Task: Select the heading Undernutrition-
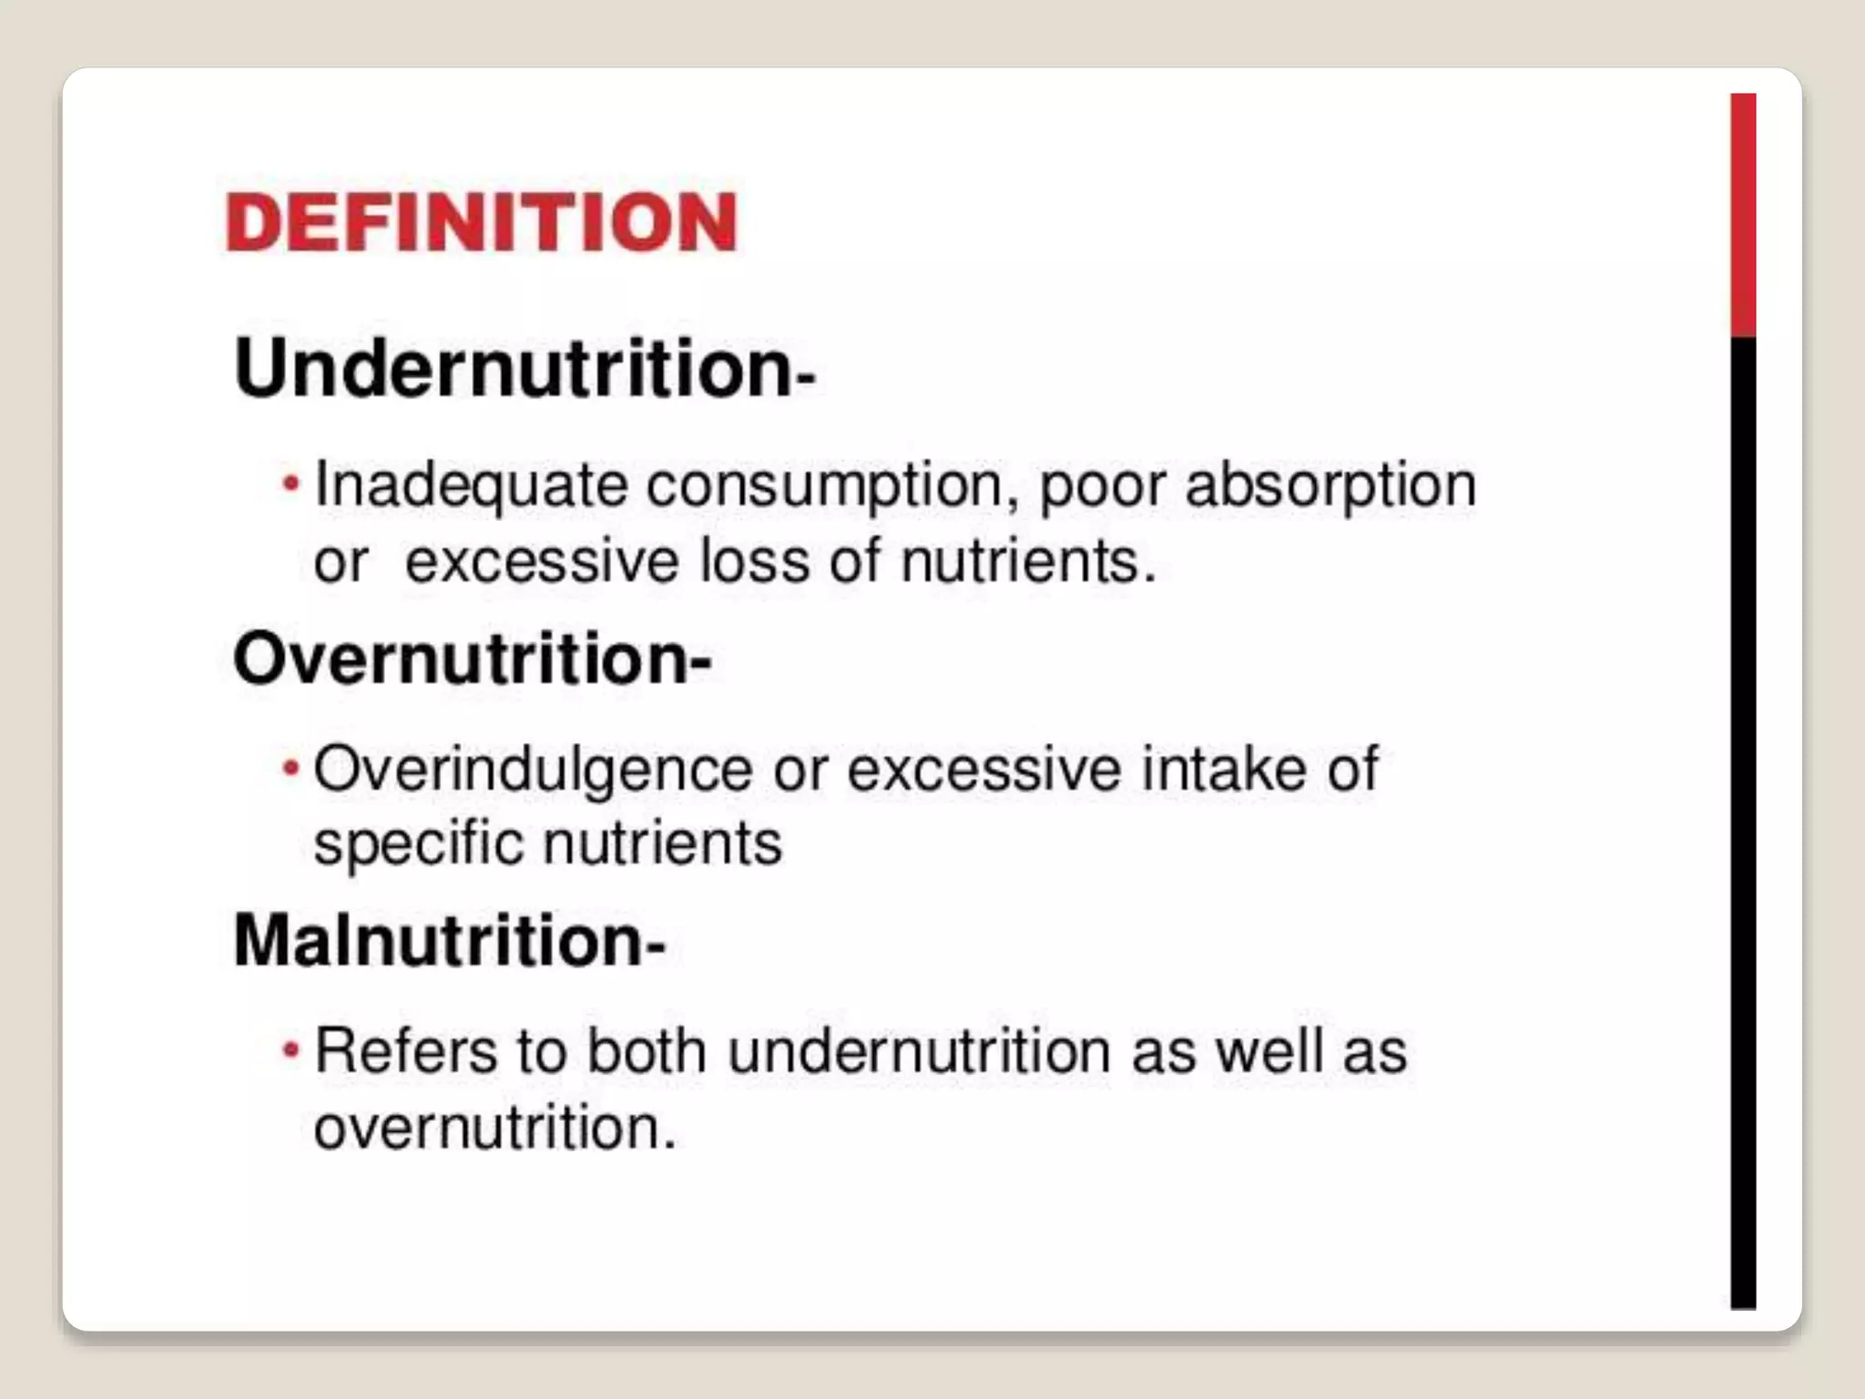(x=524, y=369)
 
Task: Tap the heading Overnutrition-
(x=472, y=658)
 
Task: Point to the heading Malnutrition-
(x=449, y=940)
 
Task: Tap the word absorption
(x=1330, y=485)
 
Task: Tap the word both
(x=646, y=1051)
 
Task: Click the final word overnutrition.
(x=494, y=1128)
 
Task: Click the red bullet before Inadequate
(x=290, y=483)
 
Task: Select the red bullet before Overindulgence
(x=290, y=769)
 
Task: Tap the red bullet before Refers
(x=290, y=1050)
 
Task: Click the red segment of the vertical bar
(x=1743, y=215)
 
